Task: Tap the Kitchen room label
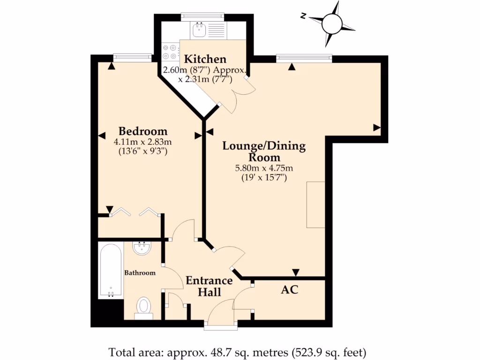click(x=205, y=59)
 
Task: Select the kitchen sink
click(x=197, y=30)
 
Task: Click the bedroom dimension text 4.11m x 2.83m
click(x=142, y=142)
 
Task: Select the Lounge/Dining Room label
click(x=264, y=151)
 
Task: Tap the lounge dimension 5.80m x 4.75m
click(x=264, y=168)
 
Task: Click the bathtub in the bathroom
click(x=111, y=270)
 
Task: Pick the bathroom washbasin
click(x=142, y=248)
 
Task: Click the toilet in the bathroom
click(x=143, y=307)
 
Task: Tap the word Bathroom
click(x=139, y=272)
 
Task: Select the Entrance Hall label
click(x=209, y=286)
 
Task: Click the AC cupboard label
click(x=289, y=290)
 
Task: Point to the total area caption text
click(x=237, y=352)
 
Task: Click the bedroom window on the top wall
click(x=133, y=58)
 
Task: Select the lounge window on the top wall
click(x=304, y=58)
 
